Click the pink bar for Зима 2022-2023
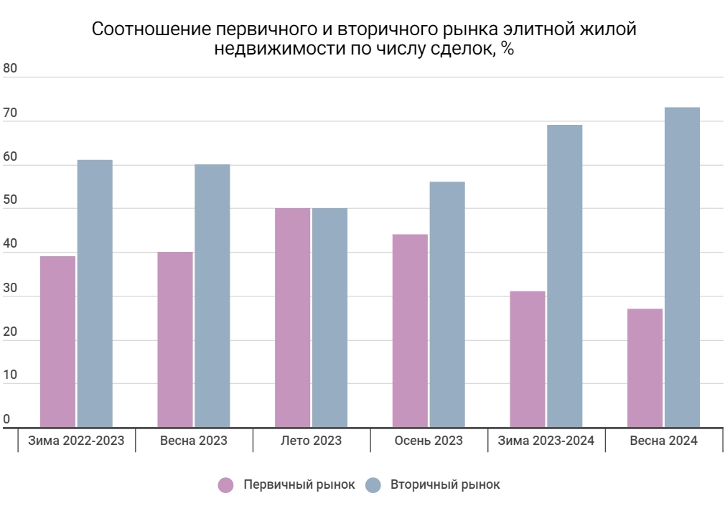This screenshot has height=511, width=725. pyautogui.click(x=57, y=342)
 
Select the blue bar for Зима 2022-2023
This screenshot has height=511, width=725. pyautogui.click(x=95, y=294)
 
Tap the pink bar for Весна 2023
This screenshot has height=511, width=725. pyautogui.click(x=175, y=339)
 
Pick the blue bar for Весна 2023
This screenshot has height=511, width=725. pyautogui.click(x=212, y=296)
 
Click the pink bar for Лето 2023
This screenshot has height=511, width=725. pyautogui.click(x=293, y=318)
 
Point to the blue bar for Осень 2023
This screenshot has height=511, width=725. pyautogui.click(x=447, y=304)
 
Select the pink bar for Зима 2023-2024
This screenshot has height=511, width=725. pyautogui.click(x=528, y=359)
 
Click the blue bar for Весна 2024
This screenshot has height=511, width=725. pyautogui.click(x=682, y=267)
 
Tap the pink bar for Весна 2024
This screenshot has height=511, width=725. pyautogui.click(x=645, y=367)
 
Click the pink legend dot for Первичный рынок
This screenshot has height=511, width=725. pyautogui.click(x=226, y=485)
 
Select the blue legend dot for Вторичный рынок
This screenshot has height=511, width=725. pyautogui.click(x=373, y=485)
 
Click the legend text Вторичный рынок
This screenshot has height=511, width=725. pyautogui.click(x=445, y=485)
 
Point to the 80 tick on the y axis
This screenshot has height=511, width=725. pyautogui.click(x=10, y=69)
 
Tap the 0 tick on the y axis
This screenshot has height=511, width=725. pyautogui.click(x=7, y=419)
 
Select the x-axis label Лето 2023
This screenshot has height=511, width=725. pyautogui.click(x=311, y=441)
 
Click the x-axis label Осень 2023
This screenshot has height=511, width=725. pyautogui.click(x=429, y=441)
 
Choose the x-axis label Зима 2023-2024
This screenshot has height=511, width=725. pyautogui.click(x=546, y=441)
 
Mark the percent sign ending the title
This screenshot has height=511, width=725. pyautogui.click(x=507, y=50)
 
